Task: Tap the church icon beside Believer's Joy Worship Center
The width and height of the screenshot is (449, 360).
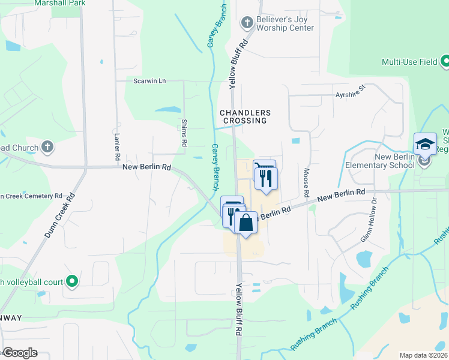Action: coord(246,23)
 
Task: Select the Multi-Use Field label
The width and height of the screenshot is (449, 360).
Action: coord(409,61)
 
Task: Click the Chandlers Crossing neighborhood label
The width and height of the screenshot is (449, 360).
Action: coord(245,116)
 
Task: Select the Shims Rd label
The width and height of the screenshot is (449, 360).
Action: coord(184,133)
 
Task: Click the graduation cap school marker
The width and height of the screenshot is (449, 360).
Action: coord(425,145)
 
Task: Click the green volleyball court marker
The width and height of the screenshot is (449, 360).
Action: coord(72,280)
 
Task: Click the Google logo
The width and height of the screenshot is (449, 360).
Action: coord(20,353)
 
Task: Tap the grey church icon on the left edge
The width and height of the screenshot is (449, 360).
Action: coord(47,147)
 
